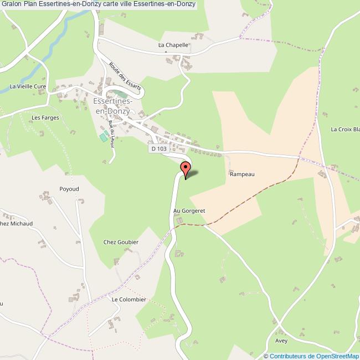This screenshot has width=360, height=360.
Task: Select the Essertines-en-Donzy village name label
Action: pos(112,106)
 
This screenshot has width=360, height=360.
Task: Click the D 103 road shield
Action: pos(157,149)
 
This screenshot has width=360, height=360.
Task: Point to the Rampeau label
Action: pos(241,173)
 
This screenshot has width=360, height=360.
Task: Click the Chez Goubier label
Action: pos(121,242)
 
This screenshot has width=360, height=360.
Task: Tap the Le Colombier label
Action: pos(128,299)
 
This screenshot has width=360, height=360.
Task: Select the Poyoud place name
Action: pos(69,189)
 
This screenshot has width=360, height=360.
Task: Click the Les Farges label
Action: pos(45,117)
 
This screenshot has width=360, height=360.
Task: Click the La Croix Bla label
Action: pos(345,130)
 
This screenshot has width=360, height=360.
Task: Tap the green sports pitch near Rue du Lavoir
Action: pos(102,136)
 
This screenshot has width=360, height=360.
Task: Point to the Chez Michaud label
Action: pos(17,223)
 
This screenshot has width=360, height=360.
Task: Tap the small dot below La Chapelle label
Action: pos(166,52)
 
